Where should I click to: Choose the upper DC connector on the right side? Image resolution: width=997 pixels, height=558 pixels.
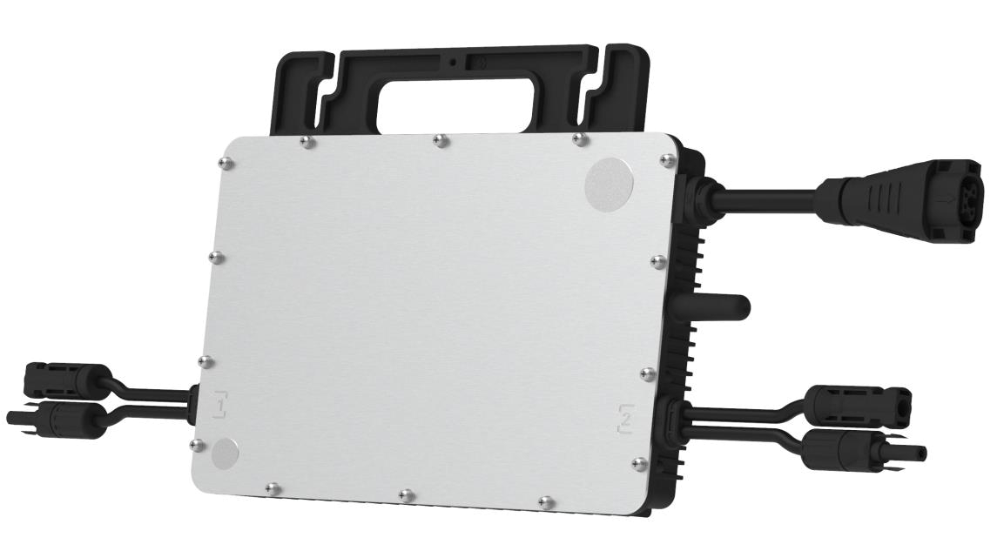858,402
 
